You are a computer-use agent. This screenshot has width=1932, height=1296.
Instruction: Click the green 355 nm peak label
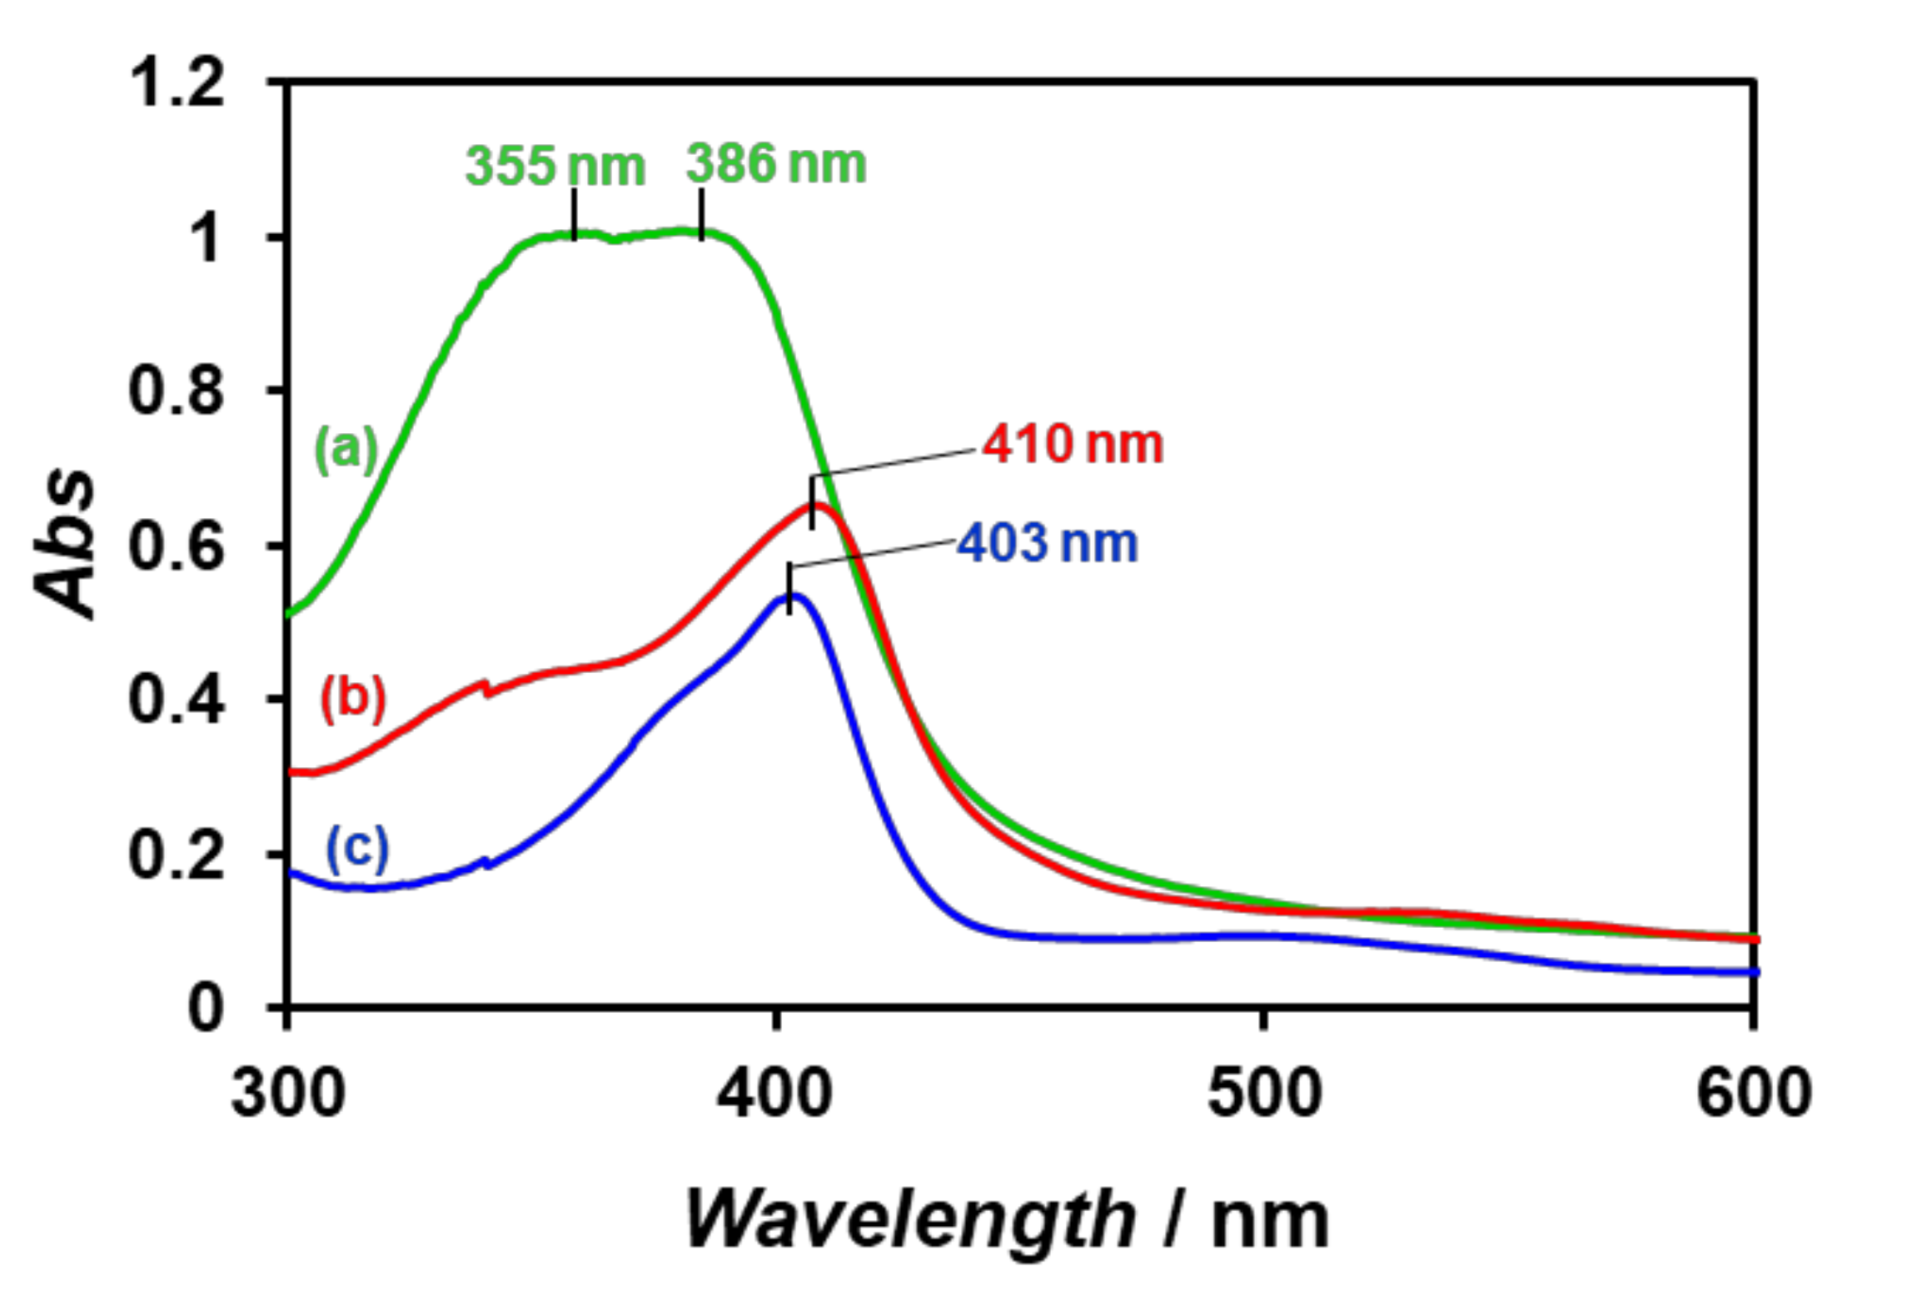[x=555, y=166]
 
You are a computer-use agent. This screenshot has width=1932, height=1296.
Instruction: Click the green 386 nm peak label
[x=775, y=163]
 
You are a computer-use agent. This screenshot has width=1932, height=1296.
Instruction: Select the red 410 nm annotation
[x=1073, y=444]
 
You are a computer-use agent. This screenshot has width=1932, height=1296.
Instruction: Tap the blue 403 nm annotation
[x=1047, y=544]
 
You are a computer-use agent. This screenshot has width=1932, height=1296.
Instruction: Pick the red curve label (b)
[x=353, y=697]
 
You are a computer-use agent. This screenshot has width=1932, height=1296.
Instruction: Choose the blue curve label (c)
[x=357, y=849]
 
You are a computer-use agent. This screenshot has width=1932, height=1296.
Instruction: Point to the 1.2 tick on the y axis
[x=177, y=83]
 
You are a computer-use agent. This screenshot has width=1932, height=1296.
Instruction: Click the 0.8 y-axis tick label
[x=177, y=391]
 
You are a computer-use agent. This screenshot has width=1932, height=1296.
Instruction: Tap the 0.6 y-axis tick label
[x=177, y=546]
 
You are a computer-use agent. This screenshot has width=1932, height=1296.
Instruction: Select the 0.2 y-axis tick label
[x=177, y=855]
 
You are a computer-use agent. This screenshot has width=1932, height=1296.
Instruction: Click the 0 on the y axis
[x=206, y=1009]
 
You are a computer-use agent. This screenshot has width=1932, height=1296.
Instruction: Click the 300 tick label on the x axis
[x=287, y=1093]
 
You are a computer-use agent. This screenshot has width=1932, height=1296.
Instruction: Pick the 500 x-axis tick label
[x=1264, y=1093]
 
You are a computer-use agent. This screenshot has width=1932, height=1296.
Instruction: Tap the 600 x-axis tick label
[x=1754, y=1093]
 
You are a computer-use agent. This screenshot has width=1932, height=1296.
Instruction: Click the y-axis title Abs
[x=65, y=544]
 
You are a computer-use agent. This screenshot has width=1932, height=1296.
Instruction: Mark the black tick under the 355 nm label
[x=575, y=214]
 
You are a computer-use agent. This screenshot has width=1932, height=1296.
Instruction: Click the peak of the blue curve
[x=793, y=595]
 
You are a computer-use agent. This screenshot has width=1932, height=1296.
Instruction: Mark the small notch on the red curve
[x=486, y=686]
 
